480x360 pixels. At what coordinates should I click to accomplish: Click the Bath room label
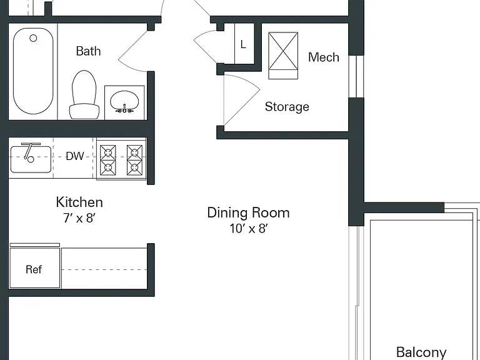click(x=88, y=51)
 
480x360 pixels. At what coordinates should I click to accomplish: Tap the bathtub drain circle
click(x=33, y=38)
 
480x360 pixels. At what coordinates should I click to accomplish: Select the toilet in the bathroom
click(x=84, y=94)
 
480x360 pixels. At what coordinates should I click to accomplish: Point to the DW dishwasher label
click(x=75, y=156)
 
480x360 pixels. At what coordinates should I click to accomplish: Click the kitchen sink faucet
click(x=30, y=151)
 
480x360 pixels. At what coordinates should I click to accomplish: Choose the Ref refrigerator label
click(x=34, y=269)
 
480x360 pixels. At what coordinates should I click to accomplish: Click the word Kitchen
click(x=79, y=202)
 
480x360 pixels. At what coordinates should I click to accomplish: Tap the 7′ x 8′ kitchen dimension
click(x=79, y=218)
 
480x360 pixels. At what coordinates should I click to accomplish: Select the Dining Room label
click(x=248, y=212)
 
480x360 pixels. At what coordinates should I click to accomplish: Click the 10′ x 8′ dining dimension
click(x=249, y=228)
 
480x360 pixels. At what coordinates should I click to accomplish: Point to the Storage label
click(x=287, y=107)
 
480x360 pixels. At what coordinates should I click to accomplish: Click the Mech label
click(x=324, y=57)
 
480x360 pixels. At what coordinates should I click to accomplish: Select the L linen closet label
click(x=243, y=44)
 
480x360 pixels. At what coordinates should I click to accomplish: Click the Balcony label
click(x=421, y=352)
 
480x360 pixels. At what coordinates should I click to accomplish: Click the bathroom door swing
click(x=132, y=58)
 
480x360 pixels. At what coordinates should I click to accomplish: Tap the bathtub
click(x=33, y=71)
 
